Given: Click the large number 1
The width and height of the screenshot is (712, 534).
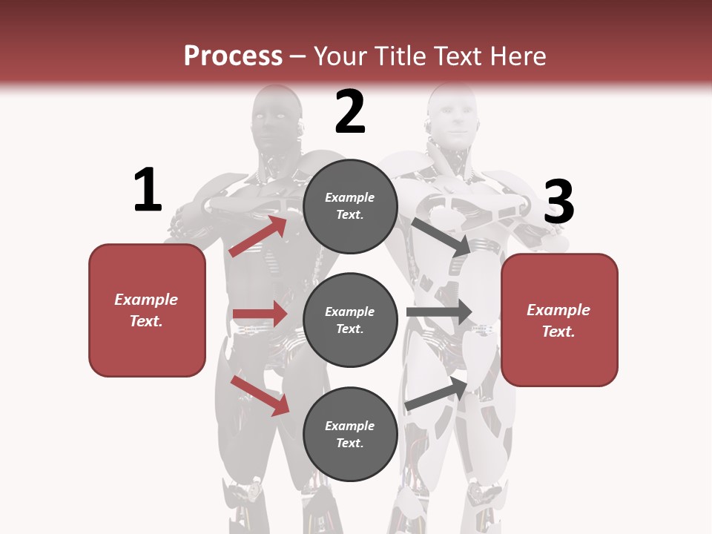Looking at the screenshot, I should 148,191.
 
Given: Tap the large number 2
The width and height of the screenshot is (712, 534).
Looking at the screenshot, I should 350,112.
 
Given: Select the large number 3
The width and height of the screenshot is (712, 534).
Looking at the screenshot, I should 559,202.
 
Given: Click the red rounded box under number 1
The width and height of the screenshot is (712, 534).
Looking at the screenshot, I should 147,310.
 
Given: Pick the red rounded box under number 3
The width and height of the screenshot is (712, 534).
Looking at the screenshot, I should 559,320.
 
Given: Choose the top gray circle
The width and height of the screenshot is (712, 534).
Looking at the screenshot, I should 350,205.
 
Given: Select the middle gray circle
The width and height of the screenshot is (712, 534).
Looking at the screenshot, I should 350,320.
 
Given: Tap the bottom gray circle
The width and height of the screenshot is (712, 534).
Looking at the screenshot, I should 350,434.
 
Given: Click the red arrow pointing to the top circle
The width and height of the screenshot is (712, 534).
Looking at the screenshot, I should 259,236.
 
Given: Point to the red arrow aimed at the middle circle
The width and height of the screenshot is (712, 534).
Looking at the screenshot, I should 260,314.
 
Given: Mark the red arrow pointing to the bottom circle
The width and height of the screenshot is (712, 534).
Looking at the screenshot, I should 260,395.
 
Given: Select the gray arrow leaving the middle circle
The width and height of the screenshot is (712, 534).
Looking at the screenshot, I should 439,311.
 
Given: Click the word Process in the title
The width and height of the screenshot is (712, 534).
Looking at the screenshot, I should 233,56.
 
